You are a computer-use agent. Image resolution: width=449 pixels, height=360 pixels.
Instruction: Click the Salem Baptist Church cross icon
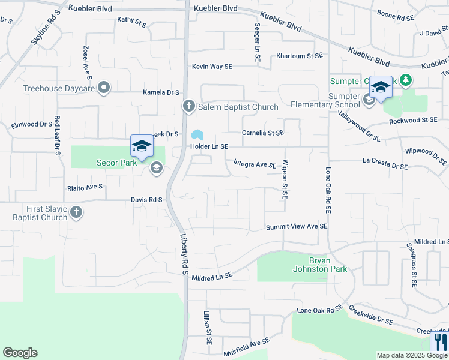click(188, 107)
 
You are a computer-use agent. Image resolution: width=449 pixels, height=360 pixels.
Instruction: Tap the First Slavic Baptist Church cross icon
click(76, 212)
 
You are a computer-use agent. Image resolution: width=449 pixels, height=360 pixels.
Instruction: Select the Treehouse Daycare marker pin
click(104, 88)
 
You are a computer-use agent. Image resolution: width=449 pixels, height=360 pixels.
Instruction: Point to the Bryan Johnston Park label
click(328, 265)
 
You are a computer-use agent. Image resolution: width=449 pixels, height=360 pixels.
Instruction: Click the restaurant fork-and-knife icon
click(440, 343)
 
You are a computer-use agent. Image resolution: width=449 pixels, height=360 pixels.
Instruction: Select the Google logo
click(20, 353)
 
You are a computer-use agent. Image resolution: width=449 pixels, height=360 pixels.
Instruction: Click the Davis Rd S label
click(147, 199)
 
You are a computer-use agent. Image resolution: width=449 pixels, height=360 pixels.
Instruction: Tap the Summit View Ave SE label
click(297, 227)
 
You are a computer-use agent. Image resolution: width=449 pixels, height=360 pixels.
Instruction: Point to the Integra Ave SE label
click(254, 164)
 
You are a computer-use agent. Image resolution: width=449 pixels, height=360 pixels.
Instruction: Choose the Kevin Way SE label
click(212, 67)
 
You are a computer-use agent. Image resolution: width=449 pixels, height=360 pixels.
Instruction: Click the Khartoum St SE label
click(300, 56)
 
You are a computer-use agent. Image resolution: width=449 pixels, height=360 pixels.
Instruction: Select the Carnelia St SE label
click(262, 133)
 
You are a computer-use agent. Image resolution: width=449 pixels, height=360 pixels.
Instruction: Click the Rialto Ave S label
click(85, 187)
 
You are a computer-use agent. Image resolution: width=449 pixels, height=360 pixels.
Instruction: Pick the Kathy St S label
click(132, 22)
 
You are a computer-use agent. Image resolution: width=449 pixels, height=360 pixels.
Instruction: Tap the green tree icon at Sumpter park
click(406, 80)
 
